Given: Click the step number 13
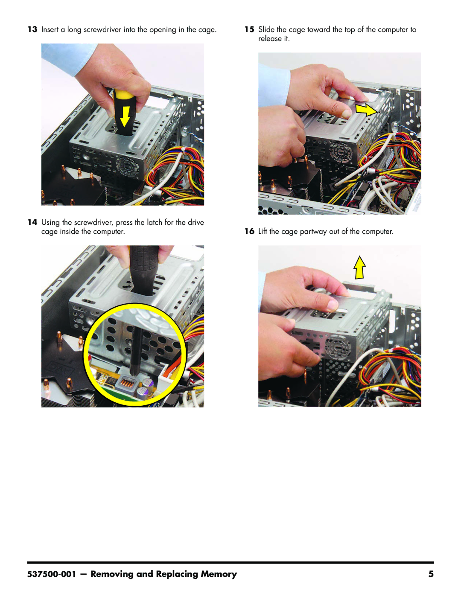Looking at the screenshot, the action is [x=32, y=29].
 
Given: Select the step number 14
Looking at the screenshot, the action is [x=32, y=222].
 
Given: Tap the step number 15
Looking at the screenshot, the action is [x=249, y=29].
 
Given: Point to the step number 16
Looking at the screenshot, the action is [x=249, y=231].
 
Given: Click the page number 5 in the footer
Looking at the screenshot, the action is [x=431, y=574].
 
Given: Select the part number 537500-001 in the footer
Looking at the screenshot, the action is [x=51, y=574].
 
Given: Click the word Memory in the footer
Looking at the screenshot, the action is [x=219, y=574].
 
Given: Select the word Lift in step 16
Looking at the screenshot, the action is [x=263, y=231].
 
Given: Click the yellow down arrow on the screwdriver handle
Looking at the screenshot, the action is [x=125, y=116].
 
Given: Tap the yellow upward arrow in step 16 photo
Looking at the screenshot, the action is [x=359, y=267].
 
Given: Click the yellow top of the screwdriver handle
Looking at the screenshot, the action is [x=123, y=94].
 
